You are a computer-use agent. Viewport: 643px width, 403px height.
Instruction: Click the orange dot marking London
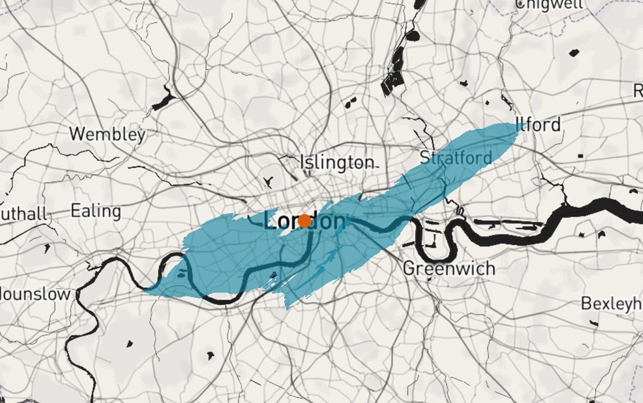point(305,221)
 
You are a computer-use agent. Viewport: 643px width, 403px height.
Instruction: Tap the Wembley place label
point(107,135)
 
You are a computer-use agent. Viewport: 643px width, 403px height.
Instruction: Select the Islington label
point(337,162)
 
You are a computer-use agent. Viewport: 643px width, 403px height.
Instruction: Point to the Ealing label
point(95,211)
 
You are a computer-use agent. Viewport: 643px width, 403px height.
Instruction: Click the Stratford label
point(456,156)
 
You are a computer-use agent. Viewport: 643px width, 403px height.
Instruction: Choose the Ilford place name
point(538,124)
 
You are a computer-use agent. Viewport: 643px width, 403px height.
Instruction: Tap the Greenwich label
point(449,268)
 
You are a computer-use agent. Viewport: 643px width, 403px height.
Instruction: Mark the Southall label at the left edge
point(23,213)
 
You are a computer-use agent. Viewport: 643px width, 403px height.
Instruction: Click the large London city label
point(305,221)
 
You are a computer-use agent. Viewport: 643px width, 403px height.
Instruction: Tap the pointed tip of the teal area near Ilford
point(518,124)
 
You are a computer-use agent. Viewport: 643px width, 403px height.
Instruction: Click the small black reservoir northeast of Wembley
point(163,98)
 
